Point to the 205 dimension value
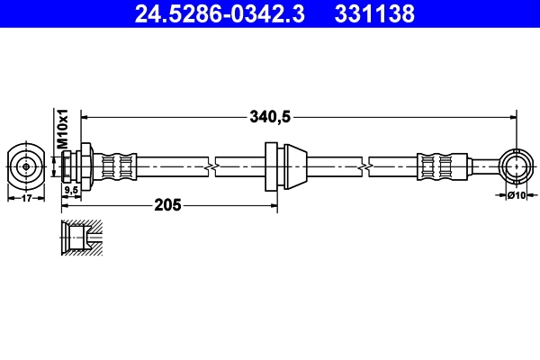coord(169,204)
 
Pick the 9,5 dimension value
coord(69,190)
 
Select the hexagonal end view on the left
coord(26,166)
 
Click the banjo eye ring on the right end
coord(516,166)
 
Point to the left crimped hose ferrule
coord(118,166)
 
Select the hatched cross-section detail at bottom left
coord(80,238)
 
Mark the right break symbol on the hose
coord(364,166)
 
